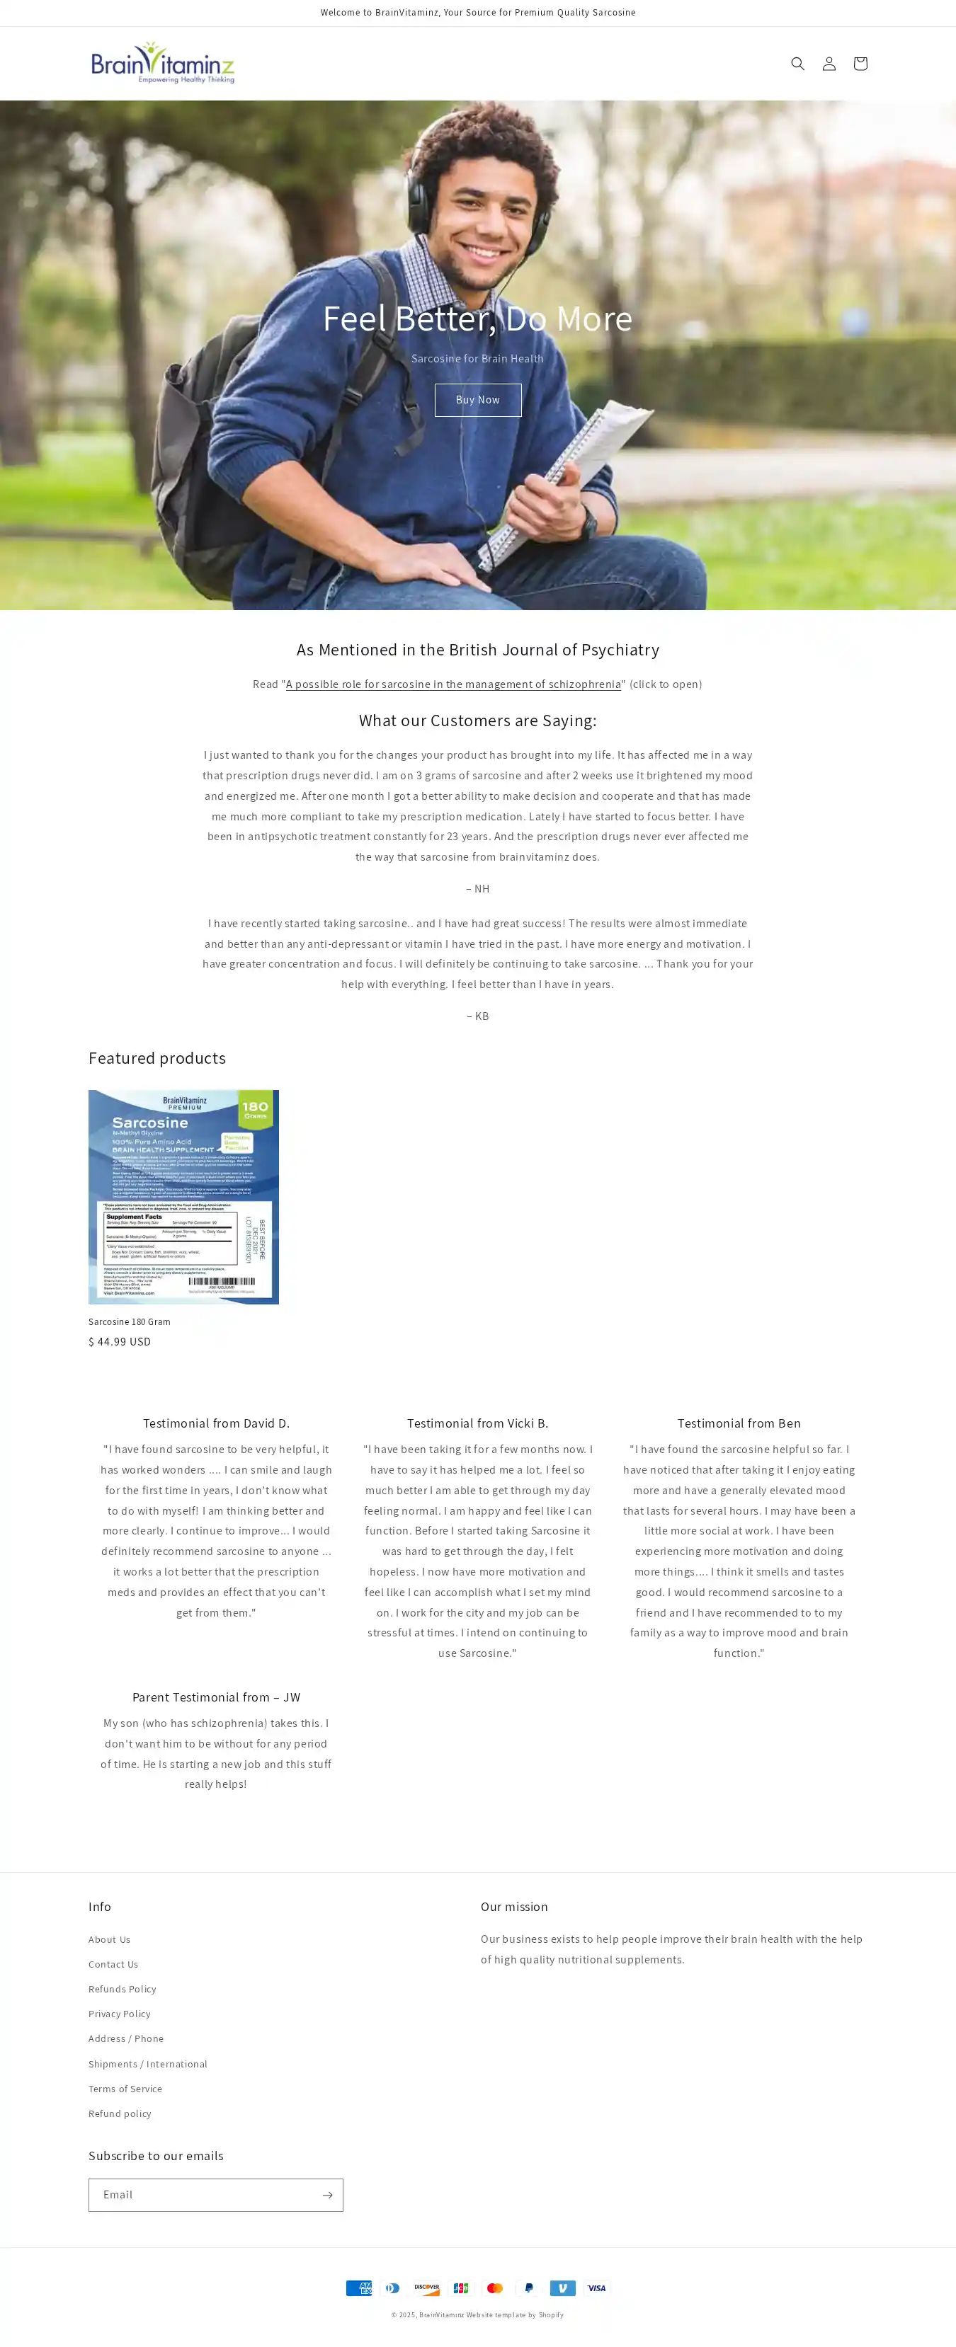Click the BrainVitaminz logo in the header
(163, 63)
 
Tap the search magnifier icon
(797, 64)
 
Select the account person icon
(829, 64)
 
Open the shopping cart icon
(860, 64)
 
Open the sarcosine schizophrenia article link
(453, 684)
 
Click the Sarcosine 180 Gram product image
(183, 1196)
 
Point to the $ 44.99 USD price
(120, 1341)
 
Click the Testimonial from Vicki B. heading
(477, 1423)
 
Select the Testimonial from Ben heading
(738, 1423)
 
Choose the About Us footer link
(109, 1939)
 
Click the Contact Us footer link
(113, 1964)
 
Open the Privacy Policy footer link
(120, 2014)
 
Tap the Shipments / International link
(147, 2064)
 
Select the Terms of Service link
(125, 2088)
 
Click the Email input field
(203, 2195)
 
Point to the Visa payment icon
(596, 2288)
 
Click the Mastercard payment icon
(495, 2288)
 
